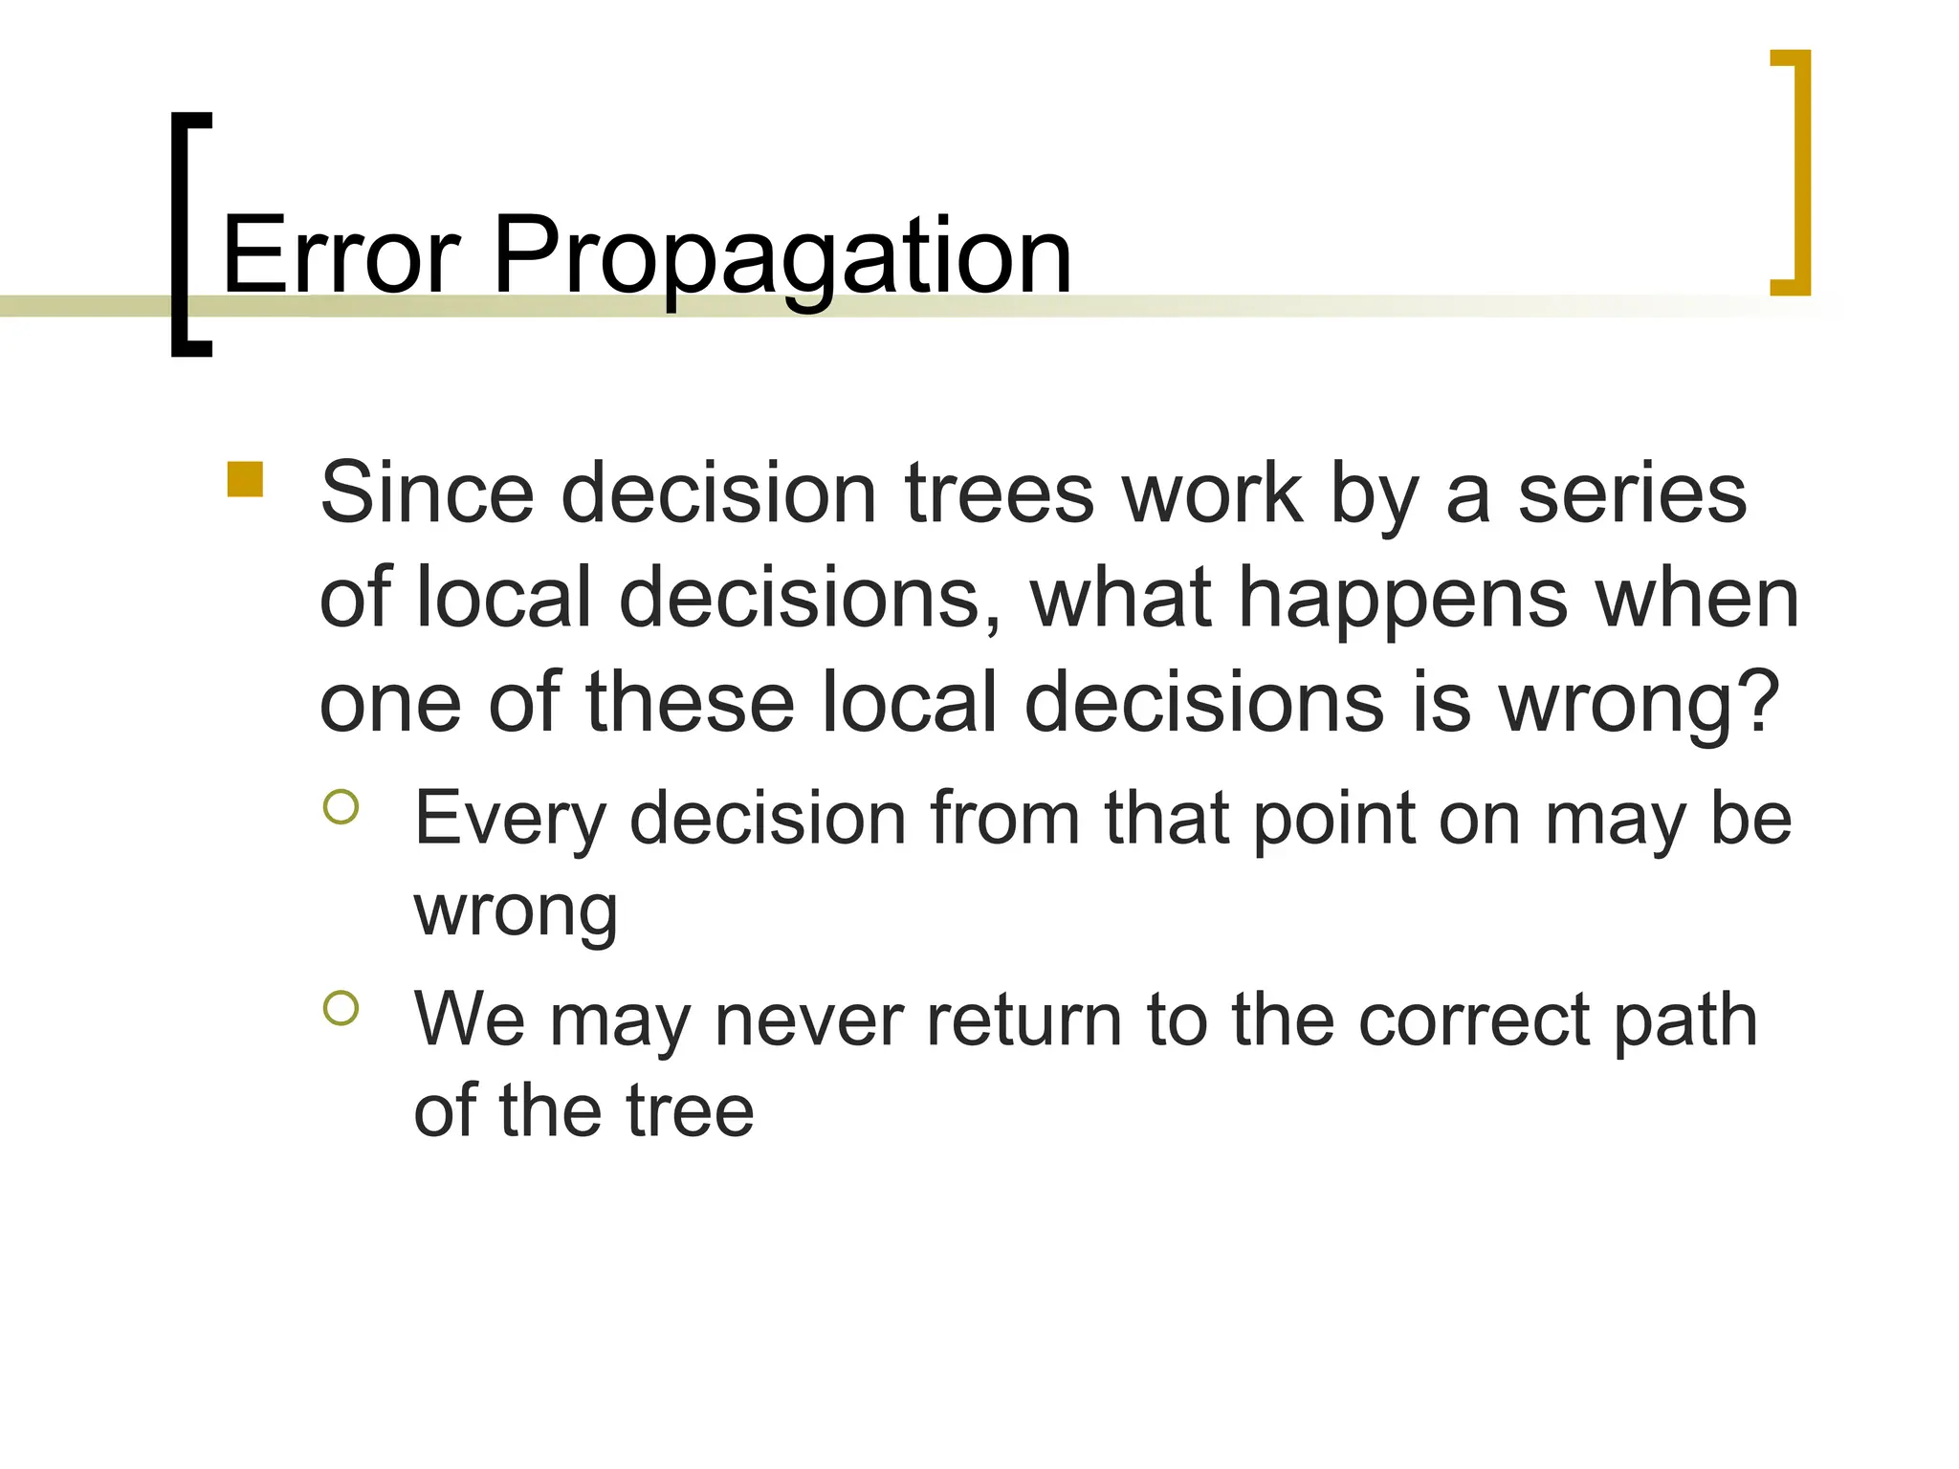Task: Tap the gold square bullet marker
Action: (245, 480)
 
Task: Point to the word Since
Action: (427, 493)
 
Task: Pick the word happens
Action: (1403, 601)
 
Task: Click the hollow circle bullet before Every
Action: (341, 806)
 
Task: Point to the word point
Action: (1332, 821)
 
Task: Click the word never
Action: (808, 1020)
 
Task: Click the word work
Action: (1213, 493)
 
